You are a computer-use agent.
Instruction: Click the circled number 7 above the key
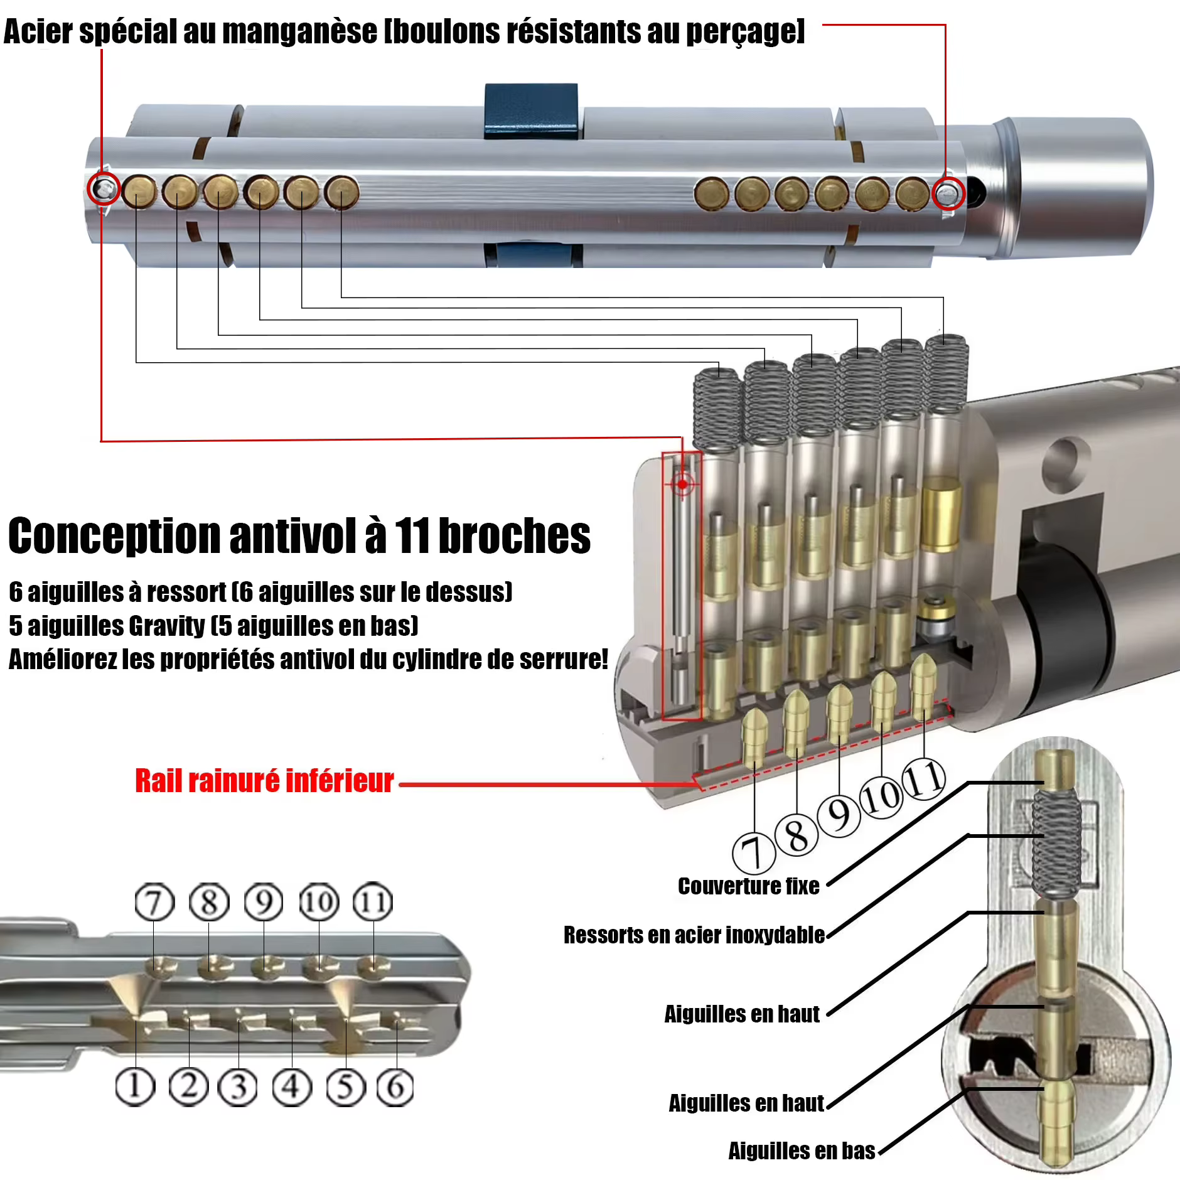(154, 902)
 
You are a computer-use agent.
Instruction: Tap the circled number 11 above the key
(373, 902)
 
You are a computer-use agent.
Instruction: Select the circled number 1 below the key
(135, 1086)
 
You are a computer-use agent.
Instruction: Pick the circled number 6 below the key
(395, 1086)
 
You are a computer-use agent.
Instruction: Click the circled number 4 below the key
(292, 1086)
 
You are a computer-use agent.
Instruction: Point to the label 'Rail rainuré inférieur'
(264, 781)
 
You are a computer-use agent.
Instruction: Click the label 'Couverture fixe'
(749, 886)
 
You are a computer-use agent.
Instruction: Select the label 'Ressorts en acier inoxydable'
(694, 935)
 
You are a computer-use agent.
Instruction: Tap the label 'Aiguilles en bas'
(802, 1150)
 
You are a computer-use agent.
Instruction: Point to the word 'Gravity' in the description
(166, 626)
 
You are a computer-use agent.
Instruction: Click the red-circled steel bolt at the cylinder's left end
(104, 188)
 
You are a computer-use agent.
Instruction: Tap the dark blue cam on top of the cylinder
(531, 111)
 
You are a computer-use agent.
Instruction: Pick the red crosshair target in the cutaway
(682, 484)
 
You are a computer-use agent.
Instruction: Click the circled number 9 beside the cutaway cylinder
(839, 814)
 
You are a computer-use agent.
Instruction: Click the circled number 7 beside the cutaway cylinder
(754, 852)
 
